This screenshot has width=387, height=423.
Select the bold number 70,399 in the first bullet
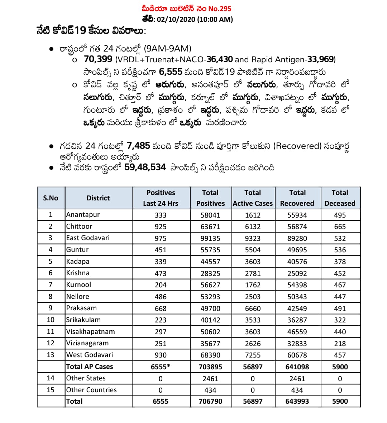98,59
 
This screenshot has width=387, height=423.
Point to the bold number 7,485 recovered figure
138,146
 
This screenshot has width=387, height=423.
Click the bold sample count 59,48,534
145,167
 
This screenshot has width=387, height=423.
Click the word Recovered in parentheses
297,146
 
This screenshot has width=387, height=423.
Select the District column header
98,198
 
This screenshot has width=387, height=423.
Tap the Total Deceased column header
340,198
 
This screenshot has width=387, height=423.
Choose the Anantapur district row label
83,215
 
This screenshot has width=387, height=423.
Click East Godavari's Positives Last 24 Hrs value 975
161,238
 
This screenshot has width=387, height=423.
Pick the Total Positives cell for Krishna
210,273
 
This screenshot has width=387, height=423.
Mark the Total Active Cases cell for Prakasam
253,308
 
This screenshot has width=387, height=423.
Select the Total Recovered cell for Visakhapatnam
297,332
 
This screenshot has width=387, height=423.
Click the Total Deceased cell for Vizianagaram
340,344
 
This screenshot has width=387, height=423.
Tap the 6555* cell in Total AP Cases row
161,367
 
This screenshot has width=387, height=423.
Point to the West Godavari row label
90,355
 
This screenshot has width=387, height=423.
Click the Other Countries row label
91,390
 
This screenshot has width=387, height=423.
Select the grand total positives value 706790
210,402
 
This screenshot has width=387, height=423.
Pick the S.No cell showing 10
51,320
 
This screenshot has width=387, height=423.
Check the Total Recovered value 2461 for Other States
297,379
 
